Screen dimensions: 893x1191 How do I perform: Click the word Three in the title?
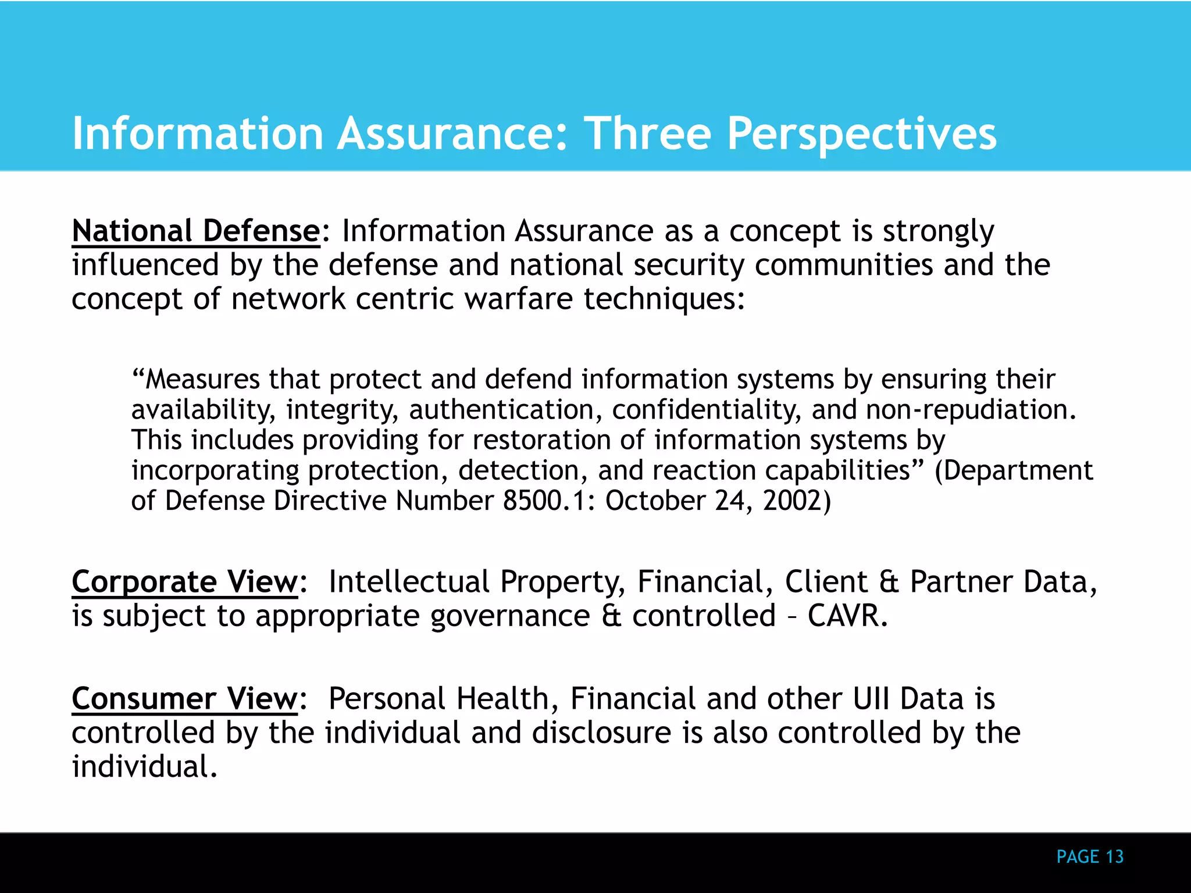tap(647, 134)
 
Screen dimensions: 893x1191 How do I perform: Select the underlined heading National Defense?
tap(196, 231)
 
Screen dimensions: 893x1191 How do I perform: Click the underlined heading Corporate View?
tap(185, 581)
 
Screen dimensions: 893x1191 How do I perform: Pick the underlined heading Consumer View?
tap(185, 698)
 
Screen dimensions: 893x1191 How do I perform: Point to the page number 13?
tap(1114, 856)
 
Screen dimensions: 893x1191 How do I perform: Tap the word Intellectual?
tap(409, 581)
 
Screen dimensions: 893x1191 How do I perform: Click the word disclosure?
tap(601, 733)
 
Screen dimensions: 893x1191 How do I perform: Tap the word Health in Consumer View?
tap(502, 698)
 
